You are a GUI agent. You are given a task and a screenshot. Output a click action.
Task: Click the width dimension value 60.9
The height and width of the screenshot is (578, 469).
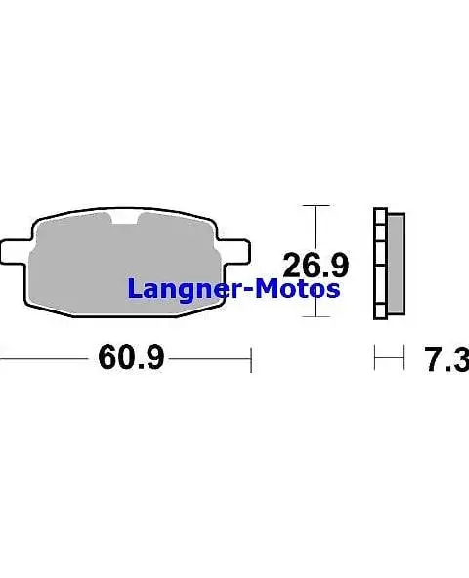point(130,358)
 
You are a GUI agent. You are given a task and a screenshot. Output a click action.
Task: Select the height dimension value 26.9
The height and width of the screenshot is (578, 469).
point(316,264)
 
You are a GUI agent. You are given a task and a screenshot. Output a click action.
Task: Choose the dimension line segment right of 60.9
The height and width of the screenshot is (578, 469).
point(210,358)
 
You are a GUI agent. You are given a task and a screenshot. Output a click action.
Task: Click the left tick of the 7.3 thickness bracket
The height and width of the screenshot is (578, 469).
point(375,358)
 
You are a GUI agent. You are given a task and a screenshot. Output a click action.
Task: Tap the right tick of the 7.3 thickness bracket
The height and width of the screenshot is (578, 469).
point(403,358)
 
